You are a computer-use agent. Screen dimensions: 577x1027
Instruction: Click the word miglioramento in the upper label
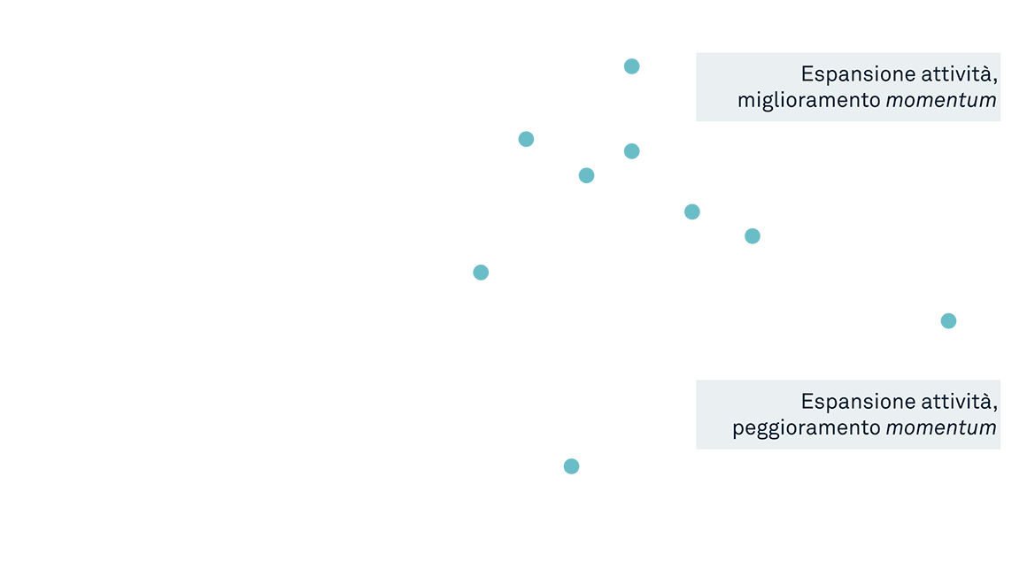click(x=808, y=101)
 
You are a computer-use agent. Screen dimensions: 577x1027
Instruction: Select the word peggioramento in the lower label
click(x=806, y=428)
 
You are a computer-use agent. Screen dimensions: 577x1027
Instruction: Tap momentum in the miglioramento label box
click(x=941, y=101)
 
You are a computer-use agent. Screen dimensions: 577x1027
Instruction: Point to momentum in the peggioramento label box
click(x=941, y=428)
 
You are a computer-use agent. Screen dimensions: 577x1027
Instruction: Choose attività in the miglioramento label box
click(x=959, y=73)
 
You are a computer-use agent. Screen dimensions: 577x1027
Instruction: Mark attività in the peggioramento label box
click(x=959, y=401)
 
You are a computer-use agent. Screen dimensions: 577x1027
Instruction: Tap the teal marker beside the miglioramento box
click(x=637, y=66)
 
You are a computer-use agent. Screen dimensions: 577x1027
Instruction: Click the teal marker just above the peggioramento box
click(x=954, y=320)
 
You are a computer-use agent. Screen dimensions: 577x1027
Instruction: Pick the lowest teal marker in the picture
click(x=571, y=473)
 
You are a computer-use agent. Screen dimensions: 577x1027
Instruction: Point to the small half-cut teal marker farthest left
click(x=481, y=274)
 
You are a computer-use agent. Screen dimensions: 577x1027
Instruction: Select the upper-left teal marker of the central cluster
click(x=531, y=136)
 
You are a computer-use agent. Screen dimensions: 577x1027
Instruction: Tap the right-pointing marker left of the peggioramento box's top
click(x=698, y=212)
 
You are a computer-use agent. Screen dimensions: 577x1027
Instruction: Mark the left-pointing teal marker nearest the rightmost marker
click(x=746, y=232)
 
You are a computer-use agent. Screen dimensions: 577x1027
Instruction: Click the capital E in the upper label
click(x=807, y=73)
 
